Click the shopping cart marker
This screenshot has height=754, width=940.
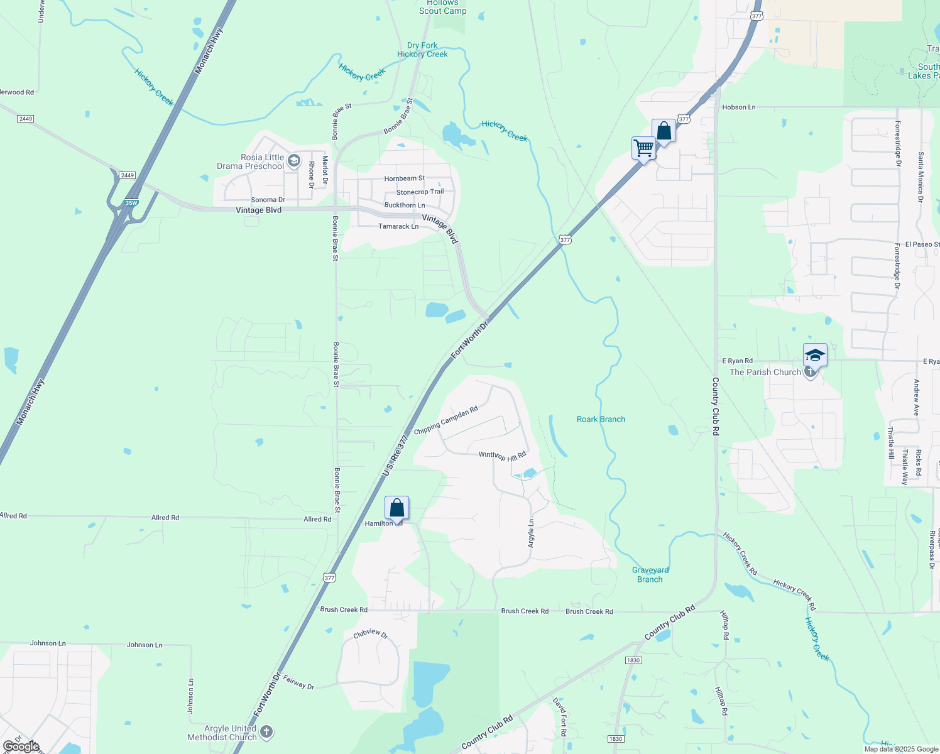point(643,149)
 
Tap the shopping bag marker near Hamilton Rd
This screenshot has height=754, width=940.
point(396,507)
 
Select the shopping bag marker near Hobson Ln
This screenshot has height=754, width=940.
point(664,131)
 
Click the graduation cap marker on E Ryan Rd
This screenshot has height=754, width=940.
point(814,355)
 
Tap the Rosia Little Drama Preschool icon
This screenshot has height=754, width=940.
point(293,161)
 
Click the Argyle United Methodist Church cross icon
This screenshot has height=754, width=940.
point(266,731)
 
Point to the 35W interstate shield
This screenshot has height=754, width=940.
point(131,203)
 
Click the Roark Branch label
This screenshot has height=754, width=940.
point(601,419)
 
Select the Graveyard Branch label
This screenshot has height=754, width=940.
point(650,574)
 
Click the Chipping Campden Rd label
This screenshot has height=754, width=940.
point(445,420)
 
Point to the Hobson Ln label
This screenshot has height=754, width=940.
point(738,107)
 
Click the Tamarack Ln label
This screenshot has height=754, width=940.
point(398,226)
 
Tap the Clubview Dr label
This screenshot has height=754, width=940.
point(371,633)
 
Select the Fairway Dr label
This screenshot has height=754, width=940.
point(298,682)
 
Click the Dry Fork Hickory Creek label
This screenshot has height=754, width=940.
point(422,50)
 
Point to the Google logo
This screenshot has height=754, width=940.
point(21,746)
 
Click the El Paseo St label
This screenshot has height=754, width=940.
point(922,244)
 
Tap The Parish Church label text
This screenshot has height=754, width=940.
point(765,372)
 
